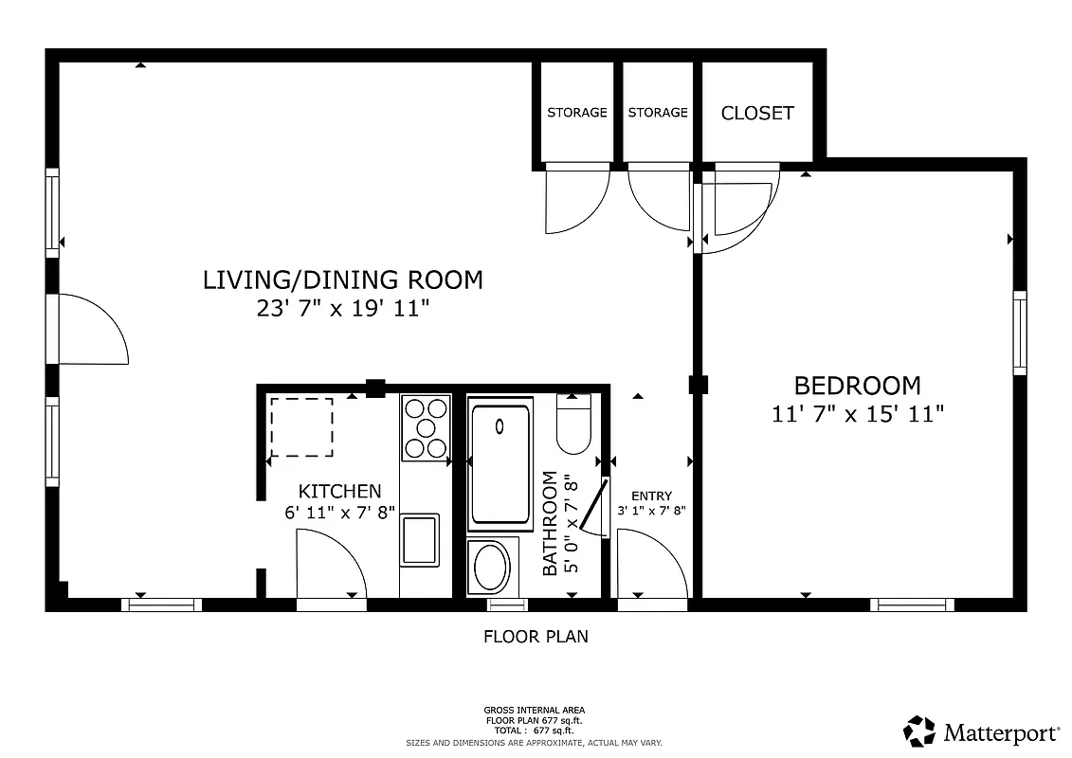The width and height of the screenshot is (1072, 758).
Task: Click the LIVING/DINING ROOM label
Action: pos(343,280)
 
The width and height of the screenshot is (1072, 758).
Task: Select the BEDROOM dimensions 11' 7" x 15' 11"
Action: pos(859,414)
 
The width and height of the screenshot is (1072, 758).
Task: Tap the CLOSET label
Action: pos(757,113)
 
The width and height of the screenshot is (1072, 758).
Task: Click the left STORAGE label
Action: pos(576,113)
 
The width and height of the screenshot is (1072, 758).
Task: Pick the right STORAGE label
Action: pos(658,113)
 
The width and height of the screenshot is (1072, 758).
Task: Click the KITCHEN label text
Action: pos(339,491)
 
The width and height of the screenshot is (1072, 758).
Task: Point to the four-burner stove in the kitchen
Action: pos(425,427)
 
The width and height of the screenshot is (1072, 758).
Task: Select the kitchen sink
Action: pos(420,539)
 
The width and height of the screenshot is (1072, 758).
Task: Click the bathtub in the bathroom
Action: pos(501,464)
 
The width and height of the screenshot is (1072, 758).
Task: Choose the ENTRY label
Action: pos(651,496)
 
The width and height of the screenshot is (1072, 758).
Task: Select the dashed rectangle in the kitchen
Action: pos(301,427)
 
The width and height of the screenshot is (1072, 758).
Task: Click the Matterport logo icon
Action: pos(918,731)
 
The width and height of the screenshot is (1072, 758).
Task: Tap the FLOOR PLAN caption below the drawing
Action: pos(536,637)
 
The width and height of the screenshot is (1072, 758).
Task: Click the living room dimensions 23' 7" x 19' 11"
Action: pos(343,309)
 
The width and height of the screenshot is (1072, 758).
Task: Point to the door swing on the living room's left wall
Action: pos(93,330)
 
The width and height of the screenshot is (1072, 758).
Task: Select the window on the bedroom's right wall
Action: pos(1020,333)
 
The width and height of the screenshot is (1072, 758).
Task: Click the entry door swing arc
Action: pos(652,564)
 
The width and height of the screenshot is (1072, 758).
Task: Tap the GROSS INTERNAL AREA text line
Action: pos(535,710)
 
